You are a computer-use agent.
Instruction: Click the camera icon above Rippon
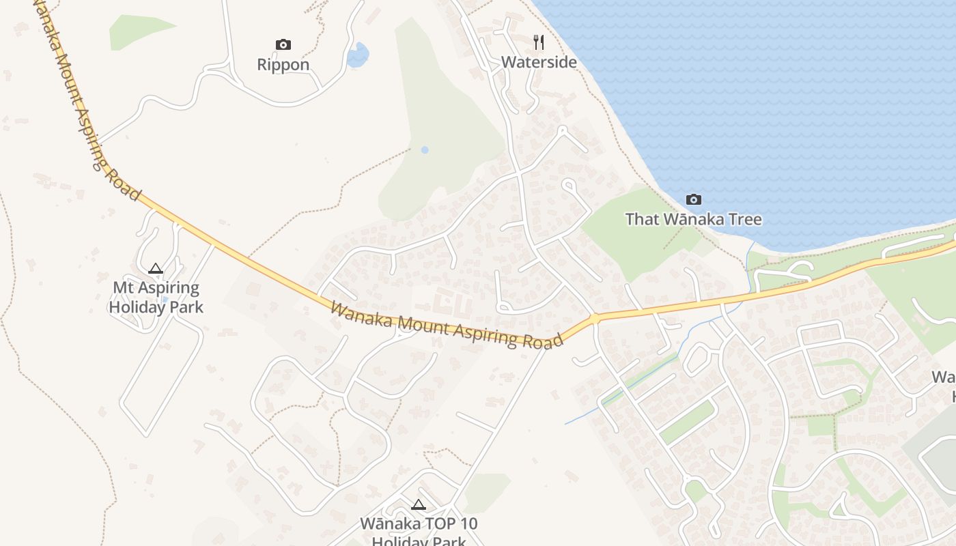[283, 45]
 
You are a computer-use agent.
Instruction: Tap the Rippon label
[283, 65]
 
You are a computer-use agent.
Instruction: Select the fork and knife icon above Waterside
[539, 42]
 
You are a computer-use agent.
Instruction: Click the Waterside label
[539, 62]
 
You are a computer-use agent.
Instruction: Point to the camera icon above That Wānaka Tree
[694, 199]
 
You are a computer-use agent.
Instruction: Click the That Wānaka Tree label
[693, 220]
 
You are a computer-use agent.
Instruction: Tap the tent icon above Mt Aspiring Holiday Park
[156, 269]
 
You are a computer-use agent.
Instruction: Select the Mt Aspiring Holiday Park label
[156, 298]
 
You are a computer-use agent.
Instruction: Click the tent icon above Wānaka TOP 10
[419, 505]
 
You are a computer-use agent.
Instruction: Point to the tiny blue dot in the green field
[425, 149]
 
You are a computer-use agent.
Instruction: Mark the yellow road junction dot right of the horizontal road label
[595, 318]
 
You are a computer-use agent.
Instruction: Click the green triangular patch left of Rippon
[137, 31]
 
